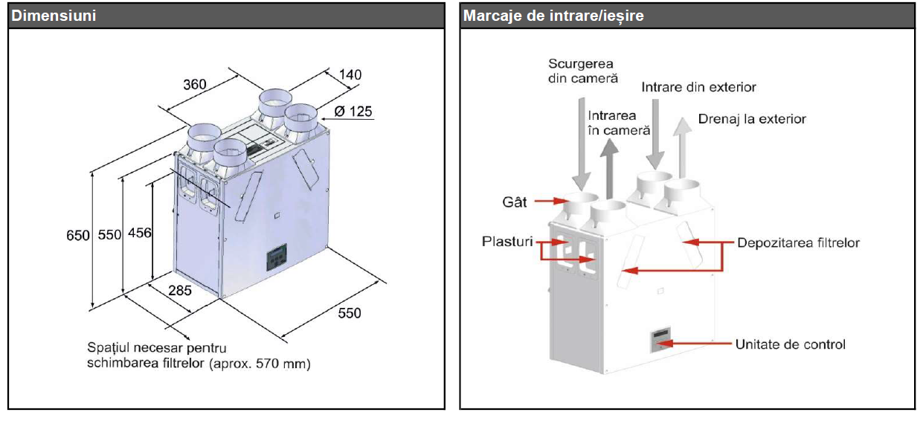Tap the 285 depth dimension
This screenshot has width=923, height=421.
coord(179,290)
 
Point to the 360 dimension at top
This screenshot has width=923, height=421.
coord(195,84)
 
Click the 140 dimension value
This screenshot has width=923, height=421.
coord(350,74)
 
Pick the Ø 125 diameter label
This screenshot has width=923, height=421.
coord(353,112)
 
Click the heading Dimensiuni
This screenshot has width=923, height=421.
coord(54,16)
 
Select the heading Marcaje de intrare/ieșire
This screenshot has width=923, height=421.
coord(553,16)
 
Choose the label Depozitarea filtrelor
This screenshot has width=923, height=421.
coord(798,242)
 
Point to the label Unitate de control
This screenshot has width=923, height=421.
coord(790,344)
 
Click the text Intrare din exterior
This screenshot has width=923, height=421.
coord(698,87)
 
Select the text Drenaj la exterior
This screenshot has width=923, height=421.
coord(751,119)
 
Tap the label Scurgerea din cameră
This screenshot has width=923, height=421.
coord(580,71)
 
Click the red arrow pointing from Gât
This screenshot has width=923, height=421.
coord(549,201)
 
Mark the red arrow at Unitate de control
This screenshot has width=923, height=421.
coord(691,344)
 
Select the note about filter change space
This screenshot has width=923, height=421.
coord(199,356)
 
